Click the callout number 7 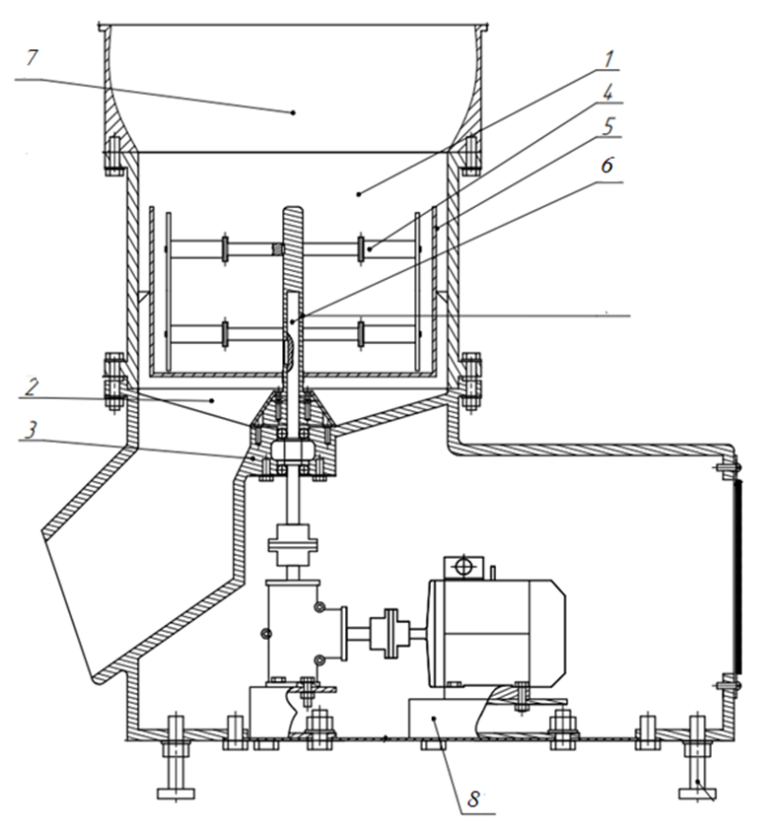33,58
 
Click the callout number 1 608,59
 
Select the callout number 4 608,92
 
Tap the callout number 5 608,126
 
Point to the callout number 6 607,166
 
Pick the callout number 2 32,386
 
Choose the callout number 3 32,430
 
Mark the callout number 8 473,798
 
